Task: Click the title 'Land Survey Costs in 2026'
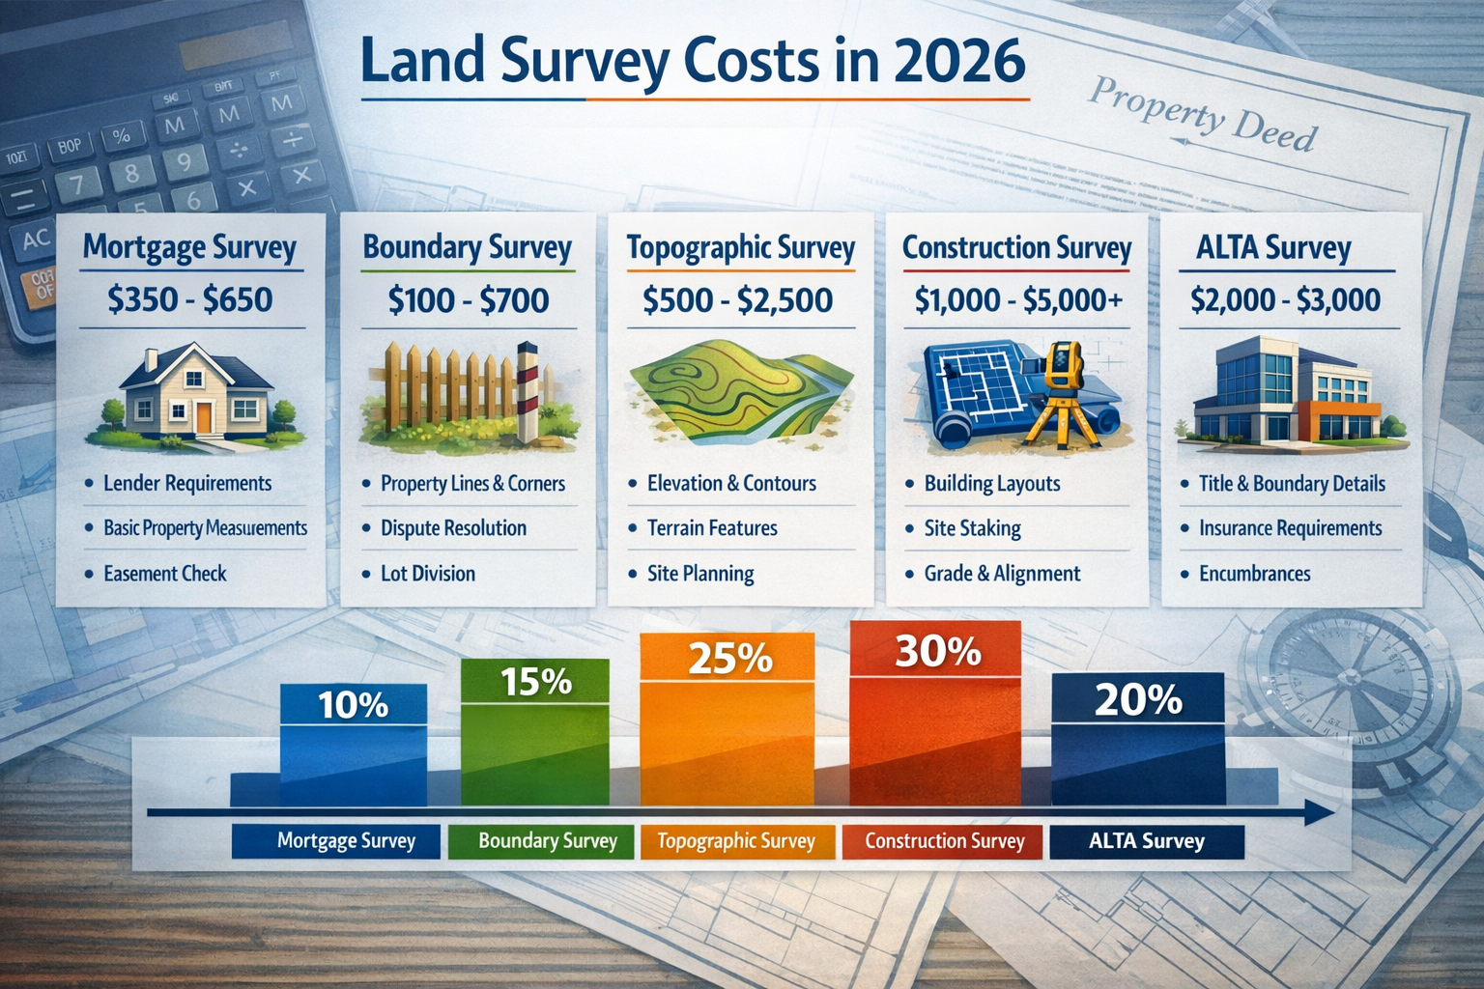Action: (692, 60)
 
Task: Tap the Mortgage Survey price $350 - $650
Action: (190, 299)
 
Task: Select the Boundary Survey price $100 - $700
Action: (468, 300)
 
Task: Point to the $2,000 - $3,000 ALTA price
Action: (1285, 300)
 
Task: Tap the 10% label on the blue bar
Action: (353, 705)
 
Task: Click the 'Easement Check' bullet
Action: (164, 574)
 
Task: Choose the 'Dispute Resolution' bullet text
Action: (453, 528)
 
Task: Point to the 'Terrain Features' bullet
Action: (712, 528)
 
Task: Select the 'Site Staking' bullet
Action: (972, 528)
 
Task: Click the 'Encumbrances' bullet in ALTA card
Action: (1254, 574)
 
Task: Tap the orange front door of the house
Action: (204, 416)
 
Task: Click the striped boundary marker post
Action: (527, 391)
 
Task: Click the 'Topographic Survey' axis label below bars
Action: (736, 841)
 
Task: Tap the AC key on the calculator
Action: (35, 239)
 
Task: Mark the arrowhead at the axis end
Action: (1318, 812)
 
